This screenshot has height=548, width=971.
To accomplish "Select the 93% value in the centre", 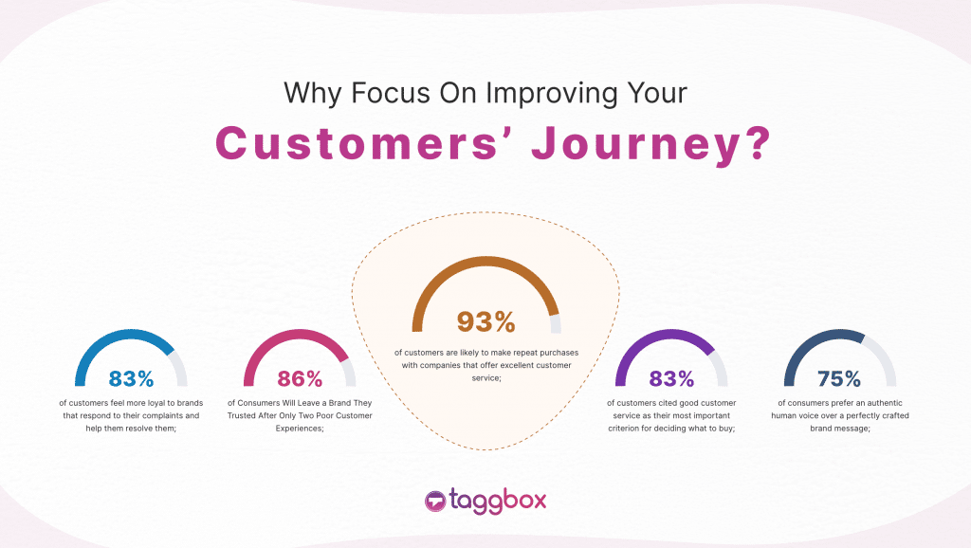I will (x=485, y=322).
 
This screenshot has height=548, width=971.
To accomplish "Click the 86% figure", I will (x=301, y=379).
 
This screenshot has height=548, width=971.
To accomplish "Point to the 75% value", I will (x=838, y=379).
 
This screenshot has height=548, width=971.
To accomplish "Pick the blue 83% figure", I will (x=131, y=379).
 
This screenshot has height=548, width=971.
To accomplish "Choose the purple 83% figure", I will (x=671, y=379).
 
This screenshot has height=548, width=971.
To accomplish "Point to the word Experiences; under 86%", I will (x=300, y=429).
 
